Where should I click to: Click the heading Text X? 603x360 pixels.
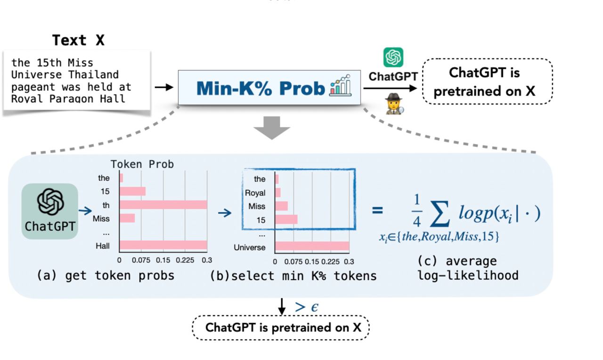[x=78, y=41]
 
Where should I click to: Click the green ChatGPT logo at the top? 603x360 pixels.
[x=393, y=57]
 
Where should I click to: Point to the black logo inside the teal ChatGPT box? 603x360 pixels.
[x=50, y=202]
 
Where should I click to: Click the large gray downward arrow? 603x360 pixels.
[x=272, y=127]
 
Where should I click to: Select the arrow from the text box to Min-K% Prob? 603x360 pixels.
[x=163, y=87]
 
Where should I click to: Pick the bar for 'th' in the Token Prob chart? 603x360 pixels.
[x=163, y=205]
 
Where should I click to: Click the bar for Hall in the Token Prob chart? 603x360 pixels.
[x=163, y=245]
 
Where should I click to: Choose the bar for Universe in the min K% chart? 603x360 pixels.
[x=312, y=247]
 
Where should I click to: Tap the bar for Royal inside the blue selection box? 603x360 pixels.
[x=277, y=193]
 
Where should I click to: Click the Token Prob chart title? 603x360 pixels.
[x=142, y=164]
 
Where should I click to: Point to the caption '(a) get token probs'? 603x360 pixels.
[x=106, y=276]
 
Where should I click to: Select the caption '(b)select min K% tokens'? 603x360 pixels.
[x=293, y=276]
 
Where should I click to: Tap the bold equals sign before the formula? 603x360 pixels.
[x=377, y=210]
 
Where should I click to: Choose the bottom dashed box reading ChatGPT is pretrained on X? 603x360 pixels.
[x=281, y=327]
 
